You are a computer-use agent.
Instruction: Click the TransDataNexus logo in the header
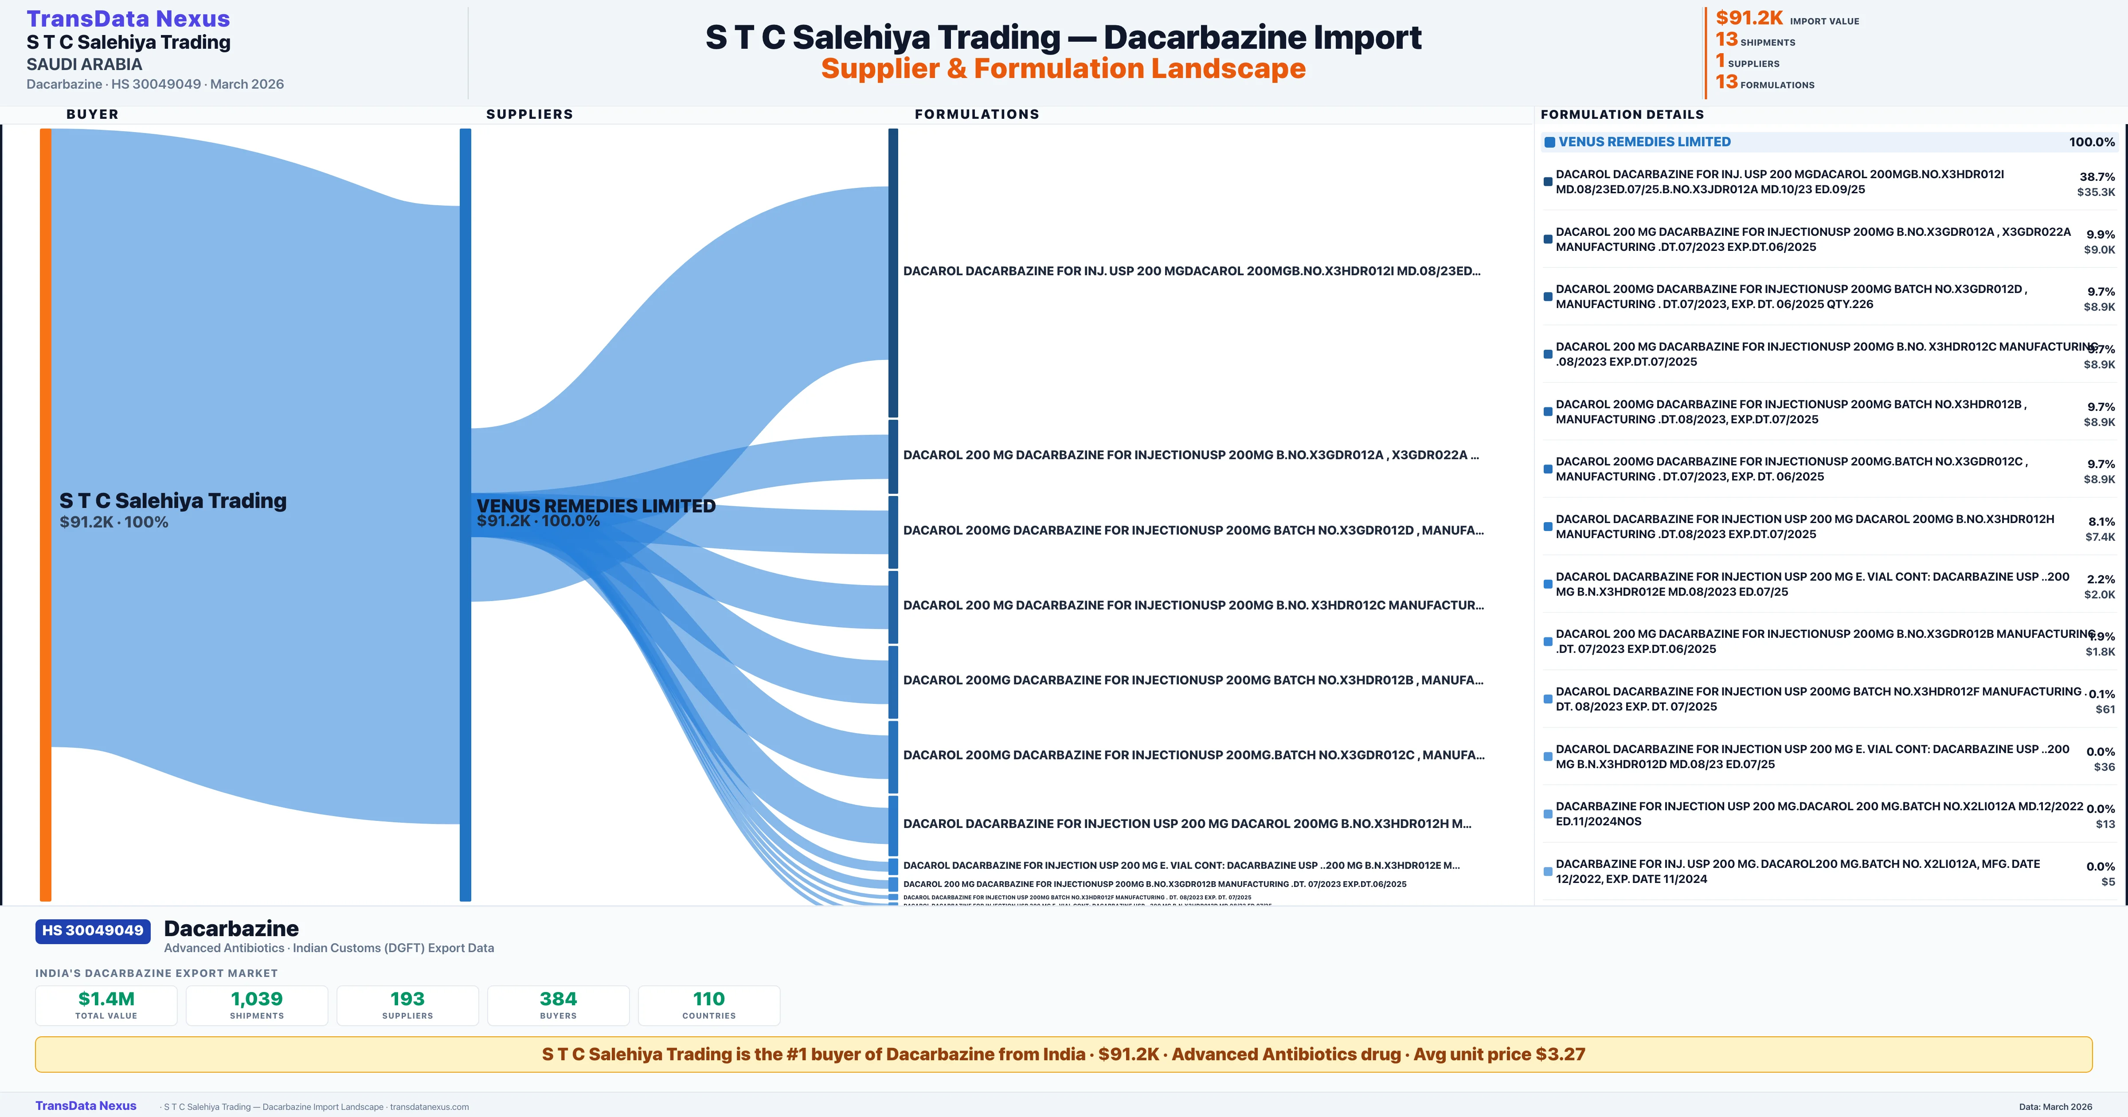click(128, 19)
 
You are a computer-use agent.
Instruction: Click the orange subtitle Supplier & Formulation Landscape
click(1063, 69)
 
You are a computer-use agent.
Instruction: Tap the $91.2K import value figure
click(1749, 18)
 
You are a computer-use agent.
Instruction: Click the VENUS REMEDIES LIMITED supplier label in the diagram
click(595, 506)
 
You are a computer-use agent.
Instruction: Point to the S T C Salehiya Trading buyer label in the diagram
click(172, 501)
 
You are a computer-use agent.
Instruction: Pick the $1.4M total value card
click(106, 1005)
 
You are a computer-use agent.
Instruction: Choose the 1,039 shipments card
click(257, 1005)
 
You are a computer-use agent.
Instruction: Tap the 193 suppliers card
click(407, 1005)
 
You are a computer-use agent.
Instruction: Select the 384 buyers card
click(559, 1005)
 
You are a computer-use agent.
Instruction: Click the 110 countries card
click(709, 1005)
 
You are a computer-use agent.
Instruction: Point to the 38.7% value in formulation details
click(2097, 177)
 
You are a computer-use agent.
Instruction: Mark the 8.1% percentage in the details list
click(2101, 521)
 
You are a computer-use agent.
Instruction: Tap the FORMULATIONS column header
click(976, 114)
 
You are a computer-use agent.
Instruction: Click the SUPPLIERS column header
click(529, 114)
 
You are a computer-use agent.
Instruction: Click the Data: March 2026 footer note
click(2055, 1106)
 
